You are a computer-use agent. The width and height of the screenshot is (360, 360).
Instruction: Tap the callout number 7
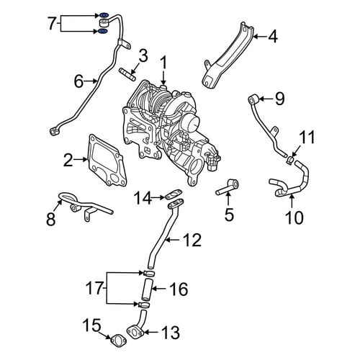click(x=53, y=24)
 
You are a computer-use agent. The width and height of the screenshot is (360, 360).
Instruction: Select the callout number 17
click(x=95, y=288)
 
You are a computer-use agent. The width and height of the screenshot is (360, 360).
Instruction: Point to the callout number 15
click(x=91, y=326)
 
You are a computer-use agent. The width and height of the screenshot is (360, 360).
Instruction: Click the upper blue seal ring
click(x=104, y=15)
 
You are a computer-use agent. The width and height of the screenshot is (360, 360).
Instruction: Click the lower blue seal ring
click(x=102, y=31)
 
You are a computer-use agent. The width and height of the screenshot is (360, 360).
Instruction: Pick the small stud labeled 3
click(x=127, y=74)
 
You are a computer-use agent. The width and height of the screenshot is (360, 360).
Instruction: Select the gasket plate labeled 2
click(x=107, y=161)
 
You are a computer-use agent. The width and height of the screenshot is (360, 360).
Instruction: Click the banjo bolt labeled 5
click(x=228, y=187)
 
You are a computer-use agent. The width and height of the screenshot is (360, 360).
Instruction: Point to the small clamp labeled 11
click(x=291, y=160)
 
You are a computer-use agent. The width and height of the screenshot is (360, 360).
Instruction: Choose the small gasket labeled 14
click(x=174, y=194)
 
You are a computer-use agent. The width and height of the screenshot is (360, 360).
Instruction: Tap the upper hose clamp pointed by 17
click(x=149, y=273)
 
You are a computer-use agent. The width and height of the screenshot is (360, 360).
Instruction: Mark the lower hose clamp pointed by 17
click(x=145, y=305)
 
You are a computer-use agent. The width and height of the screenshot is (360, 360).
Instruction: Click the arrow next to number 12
click(x=174, y=239)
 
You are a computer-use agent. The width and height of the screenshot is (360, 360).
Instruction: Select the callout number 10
click(x=294, y=217)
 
